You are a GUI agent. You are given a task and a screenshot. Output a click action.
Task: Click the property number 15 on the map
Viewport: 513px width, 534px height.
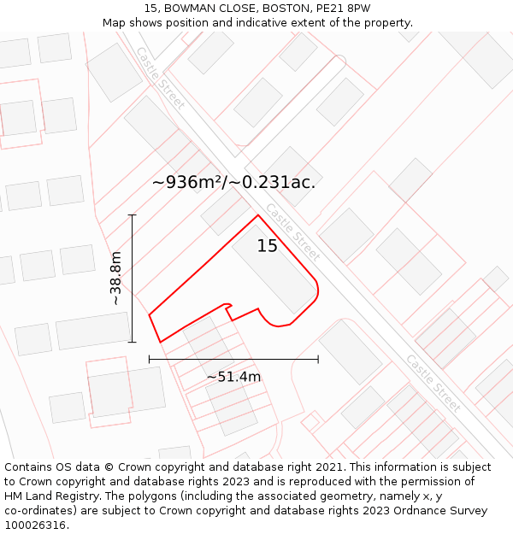coord(268,246)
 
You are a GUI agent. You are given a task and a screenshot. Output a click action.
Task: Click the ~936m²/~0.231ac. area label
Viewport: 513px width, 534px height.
coord(233,182)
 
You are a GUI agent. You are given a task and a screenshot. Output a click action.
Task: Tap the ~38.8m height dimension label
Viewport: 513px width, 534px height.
coord(115,279)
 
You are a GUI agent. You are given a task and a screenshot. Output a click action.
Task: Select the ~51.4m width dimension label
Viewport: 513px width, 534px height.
coord(233,377)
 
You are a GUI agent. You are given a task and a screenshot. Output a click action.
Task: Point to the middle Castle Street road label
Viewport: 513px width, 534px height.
coord(292,232)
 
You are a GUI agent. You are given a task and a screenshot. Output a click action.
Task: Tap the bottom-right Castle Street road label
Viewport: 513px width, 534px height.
coord(433,382)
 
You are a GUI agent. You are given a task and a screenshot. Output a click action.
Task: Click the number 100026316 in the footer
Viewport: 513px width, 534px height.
coord(33,525)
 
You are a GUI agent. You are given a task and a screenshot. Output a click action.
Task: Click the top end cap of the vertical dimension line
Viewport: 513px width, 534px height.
coord(133,214)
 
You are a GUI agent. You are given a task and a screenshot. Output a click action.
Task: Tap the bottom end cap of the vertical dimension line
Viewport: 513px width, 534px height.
coord(133,342)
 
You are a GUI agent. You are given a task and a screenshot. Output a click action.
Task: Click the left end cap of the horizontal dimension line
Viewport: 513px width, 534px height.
coord(150,359)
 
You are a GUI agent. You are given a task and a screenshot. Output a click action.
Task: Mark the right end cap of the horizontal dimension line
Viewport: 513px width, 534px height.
coord(318,359)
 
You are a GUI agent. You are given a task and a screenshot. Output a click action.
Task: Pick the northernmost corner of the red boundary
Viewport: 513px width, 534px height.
coord(257,214)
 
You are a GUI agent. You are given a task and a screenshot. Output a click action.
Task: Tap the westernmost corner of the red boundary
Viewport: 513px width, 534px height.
coord(150,315)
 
